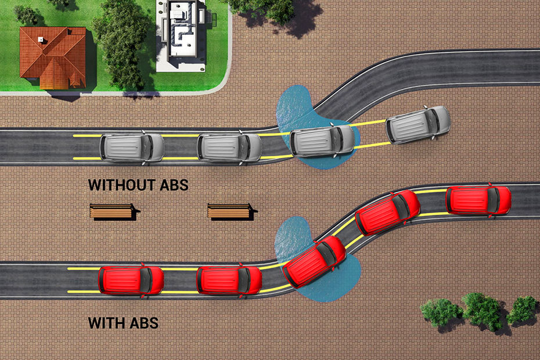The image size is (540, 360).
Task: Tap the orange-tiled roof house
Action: pos(53,57)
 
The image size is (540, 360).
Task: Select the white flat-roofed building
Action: pos(181,36)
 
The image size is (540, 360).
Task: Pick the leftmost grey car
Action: pos(132,147)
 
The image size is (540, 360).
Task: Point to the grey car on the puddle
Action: pos(322,141)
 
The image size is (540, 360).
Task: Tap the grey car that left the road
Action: pos(417,124)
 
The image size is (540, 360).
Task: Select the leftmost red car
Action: pos(131,280)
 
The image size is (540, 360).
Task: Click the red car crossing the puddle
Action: pos(314,261)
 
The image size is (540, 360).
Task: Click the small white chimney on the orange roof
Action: pos(41,40)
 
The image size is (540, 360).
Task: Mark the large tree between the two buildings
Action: pos(121,43)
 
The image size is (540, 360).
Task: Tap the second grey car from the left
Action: pos(229,147)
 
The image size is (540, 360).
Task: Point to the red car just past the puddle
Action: pos(388,212)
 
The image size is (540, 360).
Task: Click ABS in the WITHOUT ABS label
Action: pos(174,185)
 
